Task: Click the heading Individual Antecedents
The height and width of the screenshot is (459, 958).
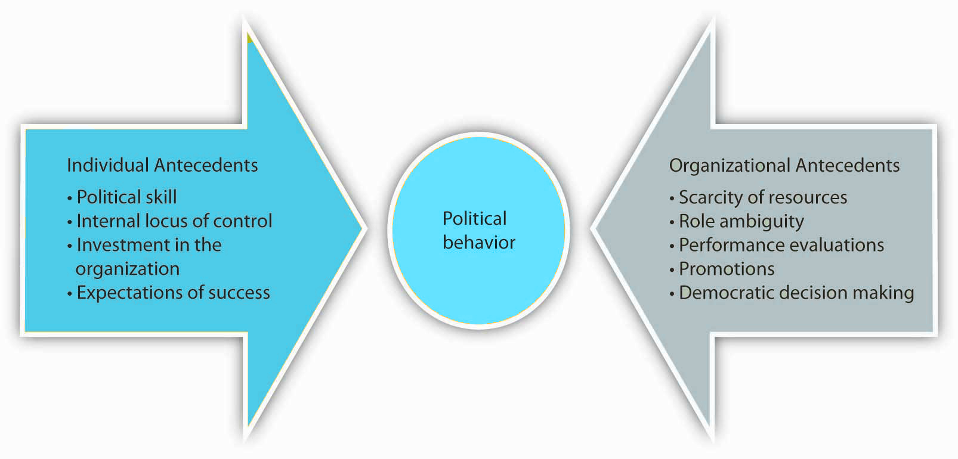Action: tap(162, 165)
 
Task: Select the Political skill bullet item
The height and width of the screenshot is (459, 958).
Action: tap(122, 197)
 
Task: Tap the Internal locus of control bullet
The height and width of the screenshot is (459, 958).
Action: tap(170, 221)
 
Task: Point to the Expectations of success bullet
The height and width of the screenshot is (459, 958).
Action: tap(169, 293)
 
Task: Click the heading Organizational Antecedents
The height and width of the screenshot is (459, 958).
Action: tap(784, 166)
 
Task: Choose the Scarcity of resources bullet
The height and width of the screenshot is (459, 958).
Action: tap(758, 197)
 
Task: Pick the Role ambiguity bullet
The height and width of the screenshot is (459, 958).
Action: tap(737, 222)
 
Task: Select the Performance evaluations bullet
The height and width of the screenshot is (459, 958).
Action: tap(777, 245)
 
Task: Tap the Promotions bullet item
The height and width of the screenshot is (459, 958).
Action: tap(722, 269)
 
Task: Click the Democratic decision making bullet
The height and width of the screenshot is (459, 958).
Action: tap(792, 293)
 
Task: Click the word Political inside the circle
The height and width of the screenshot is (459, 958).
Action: tap(474, 218)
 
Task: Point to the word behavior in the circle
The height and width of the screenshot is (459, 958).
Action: tap(479, 243)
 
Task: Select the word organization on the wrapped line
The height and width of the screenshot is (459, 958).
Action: tap(128, 269)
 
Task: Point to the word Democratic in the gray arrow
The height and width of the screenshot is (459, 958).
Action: tap(721, 293)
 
